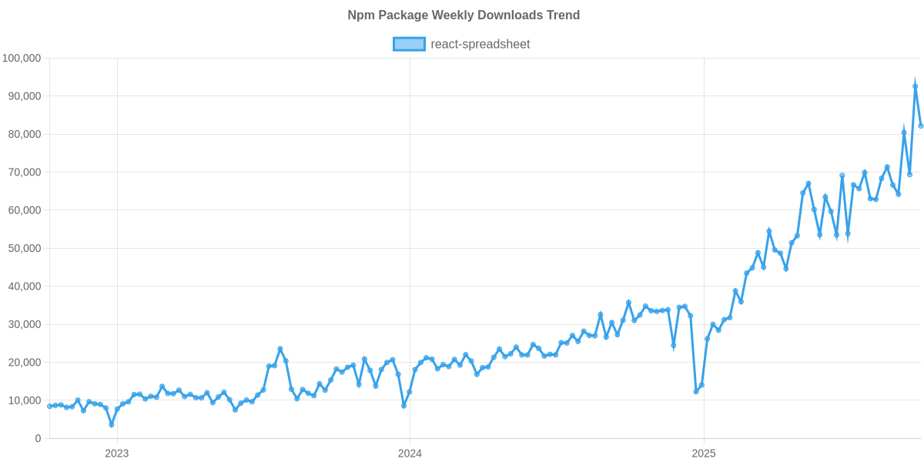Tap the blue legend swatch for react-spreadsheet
(409, 44)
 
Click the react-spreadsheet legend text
(480, 44)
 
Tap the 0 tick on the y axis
(38, 438)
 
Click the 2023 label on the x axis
(116, 453)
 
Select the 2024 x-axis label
(410, 453)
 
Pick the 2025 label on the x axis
(702, 453)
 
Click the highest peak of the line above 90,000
(915, 85)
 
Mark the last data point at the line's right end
(920, 126)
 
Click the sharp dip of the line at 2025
(695, 391)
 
